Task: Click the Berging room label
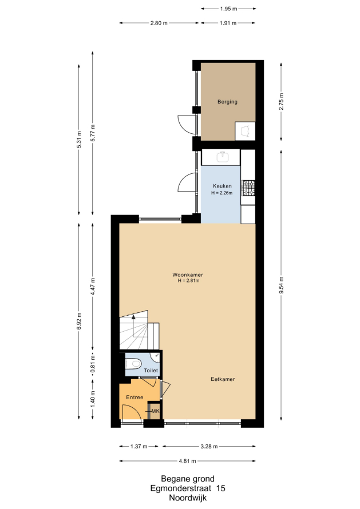[227, 102]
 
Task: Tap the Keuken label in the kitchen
[222, 186]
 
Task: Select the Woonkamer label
[188, 275]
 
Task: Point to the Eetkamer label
[223, 379]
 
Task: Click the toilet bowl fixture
[133, 364]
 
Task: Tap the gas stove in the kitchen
[248, 188]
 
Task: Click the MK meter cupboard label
[155, 411]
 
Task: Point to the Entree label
[134, 397]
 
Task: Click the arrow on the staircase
[133, 325]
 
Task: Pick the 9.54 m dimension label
[282, 285]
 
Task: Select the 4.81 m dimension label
[188, 461]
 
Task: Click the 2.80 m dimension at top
[159, 23]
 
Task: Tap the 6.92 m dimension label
[79, 321]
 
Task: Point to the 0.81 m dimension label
[93, 364]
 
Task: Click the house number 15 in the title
[220, 488]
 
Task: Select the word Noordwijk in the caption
[188, 498]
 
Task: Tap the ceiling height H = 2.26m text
[222, 193]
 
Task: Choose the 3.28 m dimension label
[209, 446]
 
